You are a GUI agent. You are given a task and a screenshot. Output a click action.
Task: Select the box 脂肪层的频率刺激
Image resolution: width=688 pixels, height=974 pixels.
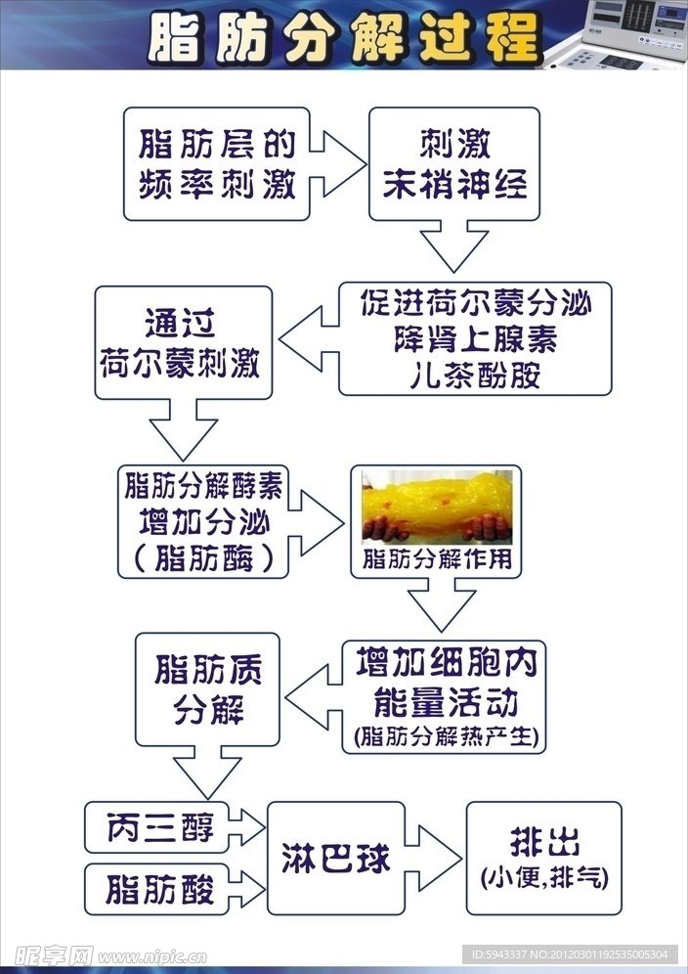(x=217, y=164)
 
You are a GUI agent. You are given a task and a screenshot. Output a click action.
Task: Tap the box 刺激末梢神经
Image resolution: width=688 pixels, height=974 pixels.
(x=454, y=164)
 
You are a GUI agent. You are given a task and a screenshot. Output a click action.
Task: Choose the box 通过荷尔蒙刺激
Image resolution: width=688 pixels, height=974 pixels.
(x=183, y=342)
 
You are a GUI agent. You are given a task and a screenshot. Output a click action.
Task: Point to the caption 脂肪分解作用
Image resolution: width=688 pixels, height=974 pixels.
(x=436, y=560)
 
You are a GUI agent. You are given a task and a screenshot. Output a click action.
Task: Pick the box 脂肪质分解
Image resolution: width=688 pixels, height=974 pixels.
(x=207, y=688)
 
